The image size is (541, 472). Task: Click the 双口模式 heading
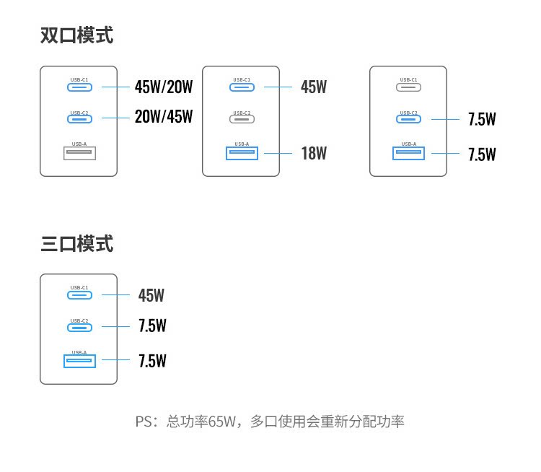coord(76,35)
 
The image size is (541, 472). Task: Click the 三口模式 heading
coord(76,244)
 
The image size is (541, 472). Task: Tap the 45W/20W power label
coord(164,87)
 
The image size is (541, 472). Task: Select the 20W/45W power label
coord(164,117)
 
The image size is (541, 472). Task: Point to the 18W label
coord(314,154)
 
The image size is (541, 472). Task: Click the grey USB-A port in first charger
coord(79,153)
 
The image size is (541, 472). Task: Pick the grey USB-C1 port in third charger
coord(408,87)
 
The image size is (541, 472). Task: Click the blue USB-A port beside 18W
coord(242,153)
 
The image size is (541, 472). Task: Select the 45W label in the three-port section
coord(151,295)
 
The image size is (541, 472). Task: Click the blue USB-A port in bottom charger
coord(79,360)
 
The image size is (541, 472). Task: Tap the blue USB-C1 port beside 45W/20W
coord(79,87)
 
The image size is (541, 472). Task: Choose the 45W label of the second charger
coord(314,87)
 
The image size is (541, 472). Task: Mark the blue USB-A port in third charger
coord(408,153)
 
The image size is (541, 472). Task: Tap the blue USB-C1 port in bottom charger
coord(79,295)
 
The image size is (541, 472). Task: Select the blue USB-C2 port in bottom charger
coord(79,327)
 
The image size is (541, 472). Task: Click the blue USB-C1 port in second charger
coord(242,87)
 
